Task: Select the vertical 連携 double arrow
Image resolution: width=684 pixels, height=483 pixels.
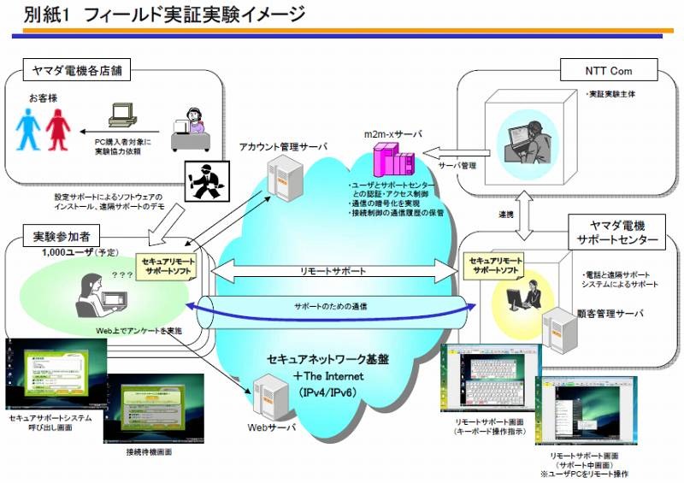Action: [x=530, y=213]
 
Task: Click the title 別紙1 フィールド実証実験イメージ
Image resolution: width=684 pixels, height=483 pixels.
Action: [x=162, y=15]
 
